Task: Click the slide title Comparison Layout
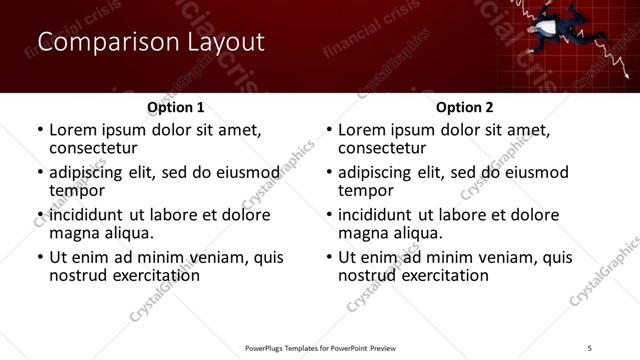pos(151,42)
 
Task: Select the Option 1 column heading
pos(175,107)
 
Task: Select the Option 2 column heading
pos(464,107)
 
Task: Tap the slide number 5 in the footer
pos(589,347)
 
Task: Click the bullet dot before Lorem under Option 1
pos(39,130)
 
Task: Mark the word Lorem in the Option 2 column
pos(362,129)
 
